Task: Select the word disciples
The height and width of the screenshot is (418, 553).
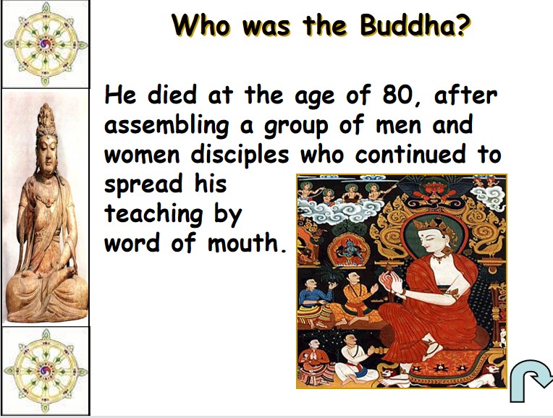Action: coord(240,154)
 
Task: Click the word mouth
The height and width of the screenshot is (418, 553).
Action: coord(247,242)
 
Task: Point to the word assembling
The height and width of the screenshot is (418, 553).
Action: coord(166,126)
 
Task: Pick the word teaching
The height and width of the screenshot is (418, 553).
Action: coord(153,214)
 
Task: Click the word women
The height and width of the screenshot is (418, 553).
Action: coord(142,155)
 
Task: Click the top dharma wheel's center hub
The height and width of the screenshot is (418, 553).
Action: coord(45,43)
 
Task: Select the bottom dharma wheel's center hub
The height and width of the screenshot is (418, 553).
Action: coord(45,371)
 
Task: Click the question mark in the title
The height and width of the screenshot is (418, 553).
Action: coord(464,26)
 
